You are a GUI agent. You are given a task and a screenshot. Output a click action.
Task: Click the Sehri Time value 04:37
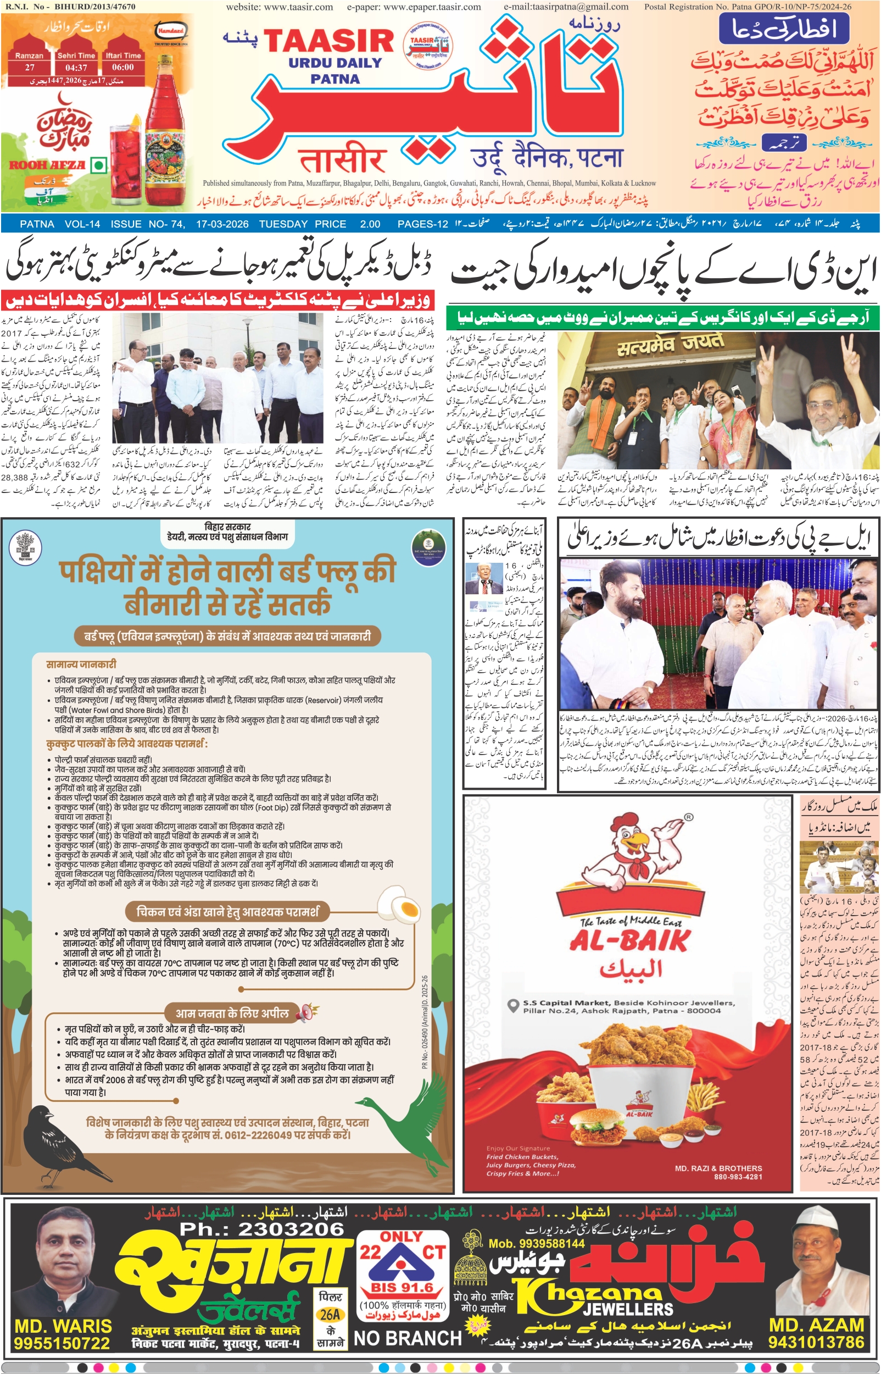[76, 68]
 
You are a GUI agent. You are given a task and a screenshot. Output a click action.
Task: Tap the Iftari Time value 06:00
[123, 68]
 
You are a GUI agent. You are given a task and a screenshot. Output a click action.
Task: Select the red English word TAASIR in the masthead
[329, 41]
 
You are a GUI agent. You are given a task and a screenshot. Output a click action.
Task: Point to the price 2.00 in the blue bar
[370, 224]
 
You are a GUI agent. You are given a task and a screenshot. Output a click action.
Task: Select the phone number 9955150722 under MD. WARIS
[62, 1343]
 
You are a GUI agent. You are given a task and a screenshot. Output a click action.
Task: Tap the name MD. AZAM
[816, 1325]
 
